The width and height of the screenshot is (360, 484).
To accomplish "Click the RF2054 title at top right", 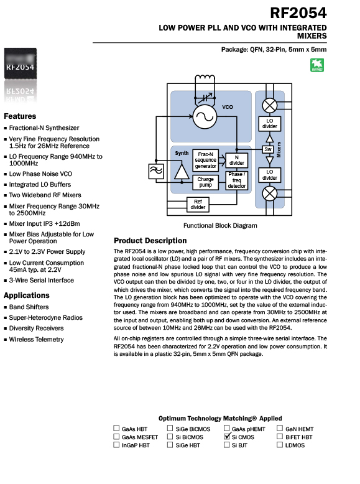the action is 298,13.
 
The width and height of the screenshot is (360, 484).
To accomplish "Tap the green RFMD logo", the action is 317,65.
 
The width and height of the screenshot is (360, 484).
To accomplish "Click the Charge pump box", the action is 205,182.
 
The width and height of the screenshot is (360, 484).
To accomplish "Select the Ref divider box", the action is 198,205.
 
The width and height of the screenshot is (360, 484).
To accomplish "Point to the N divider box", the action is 237,161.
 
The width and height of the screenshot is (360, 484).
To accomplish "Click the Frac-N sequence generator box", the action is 205,161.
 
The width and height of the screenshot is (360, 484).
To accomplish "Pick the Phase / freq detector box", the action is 237,180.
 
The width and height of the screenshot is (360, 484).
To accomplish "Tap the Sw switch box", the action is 268,150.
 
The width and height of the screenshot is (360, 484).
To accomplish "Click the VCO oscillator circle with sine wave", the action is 205,117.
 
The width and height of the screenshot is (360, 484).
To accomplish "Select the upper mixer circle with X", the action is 270,106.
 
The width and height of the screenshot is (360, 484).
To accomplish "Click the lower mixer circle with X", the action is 270,194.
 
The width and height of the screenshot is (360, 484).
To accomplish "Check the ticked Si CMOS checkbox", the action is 227,437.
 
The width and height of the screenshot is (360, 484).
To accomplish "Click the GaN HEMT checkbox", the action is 280,428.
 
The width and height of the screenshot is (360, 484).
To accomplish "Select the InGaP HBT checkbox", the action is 116,445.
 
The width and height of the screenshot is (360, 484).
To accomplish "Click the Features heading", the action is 20,116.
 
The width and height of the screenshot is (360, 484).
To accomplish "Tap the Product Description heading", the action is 150,241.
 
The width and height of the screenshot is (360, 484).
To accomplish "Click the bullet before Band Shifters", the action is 5,307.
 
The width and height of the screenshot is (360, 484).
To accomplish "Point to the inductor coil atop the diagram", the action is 205,78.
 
